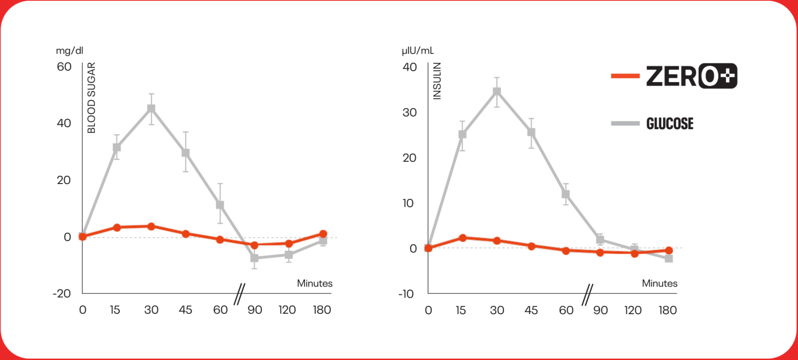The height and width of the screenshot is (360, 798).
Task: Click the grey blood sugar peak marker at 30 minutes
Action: point(151,109)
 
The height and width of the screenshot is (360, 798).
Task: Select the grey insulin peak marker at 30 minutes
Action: point(497,92)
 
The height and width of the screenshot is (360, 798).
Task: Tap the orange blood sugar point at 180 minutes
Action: point(323,234)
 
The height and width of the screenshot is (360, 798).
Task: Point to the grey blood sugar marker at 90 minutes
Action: point(255,258)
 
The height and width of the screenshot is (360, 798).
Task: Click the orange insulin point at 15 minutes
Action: point(463,238)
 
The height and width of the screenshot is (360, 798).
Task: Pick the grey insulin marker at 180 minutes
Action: point(669,259)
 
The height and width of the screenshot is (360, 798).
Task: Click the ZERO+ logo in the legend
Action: point(691,76)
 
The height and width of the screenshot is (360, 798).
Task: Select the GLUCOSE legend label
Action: point(670,124)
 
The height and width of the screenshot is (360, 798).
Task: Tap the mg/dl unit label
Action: point(69,51)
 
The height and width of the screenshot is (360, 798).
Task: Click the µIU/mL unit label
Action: point(418,51)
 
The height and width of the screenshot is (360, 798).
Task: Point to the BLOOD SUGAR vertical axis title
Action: point(92,98)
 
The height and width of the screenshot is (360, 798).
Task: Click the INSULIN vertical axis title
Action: point(437,81)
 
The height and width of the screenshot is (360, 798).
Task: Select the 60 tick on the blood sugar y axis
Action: point(64,67)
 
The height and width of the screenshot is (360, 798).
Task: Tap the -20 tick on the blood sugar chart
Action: point(62,294)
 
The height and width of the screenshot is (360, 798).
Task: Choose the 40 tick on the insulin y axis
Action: point(409,67)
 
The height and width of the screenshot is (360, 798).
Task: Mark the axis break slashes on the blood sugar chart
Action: point(239,294)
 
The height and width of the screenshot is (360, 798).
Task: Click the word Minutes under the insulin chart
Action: point(659,283)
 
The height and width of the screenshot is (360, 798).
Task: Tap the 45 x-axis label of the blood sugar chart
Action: point(185,310)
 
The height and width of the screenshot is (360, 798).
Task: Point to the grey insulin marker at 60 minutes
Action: point(566,194)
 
